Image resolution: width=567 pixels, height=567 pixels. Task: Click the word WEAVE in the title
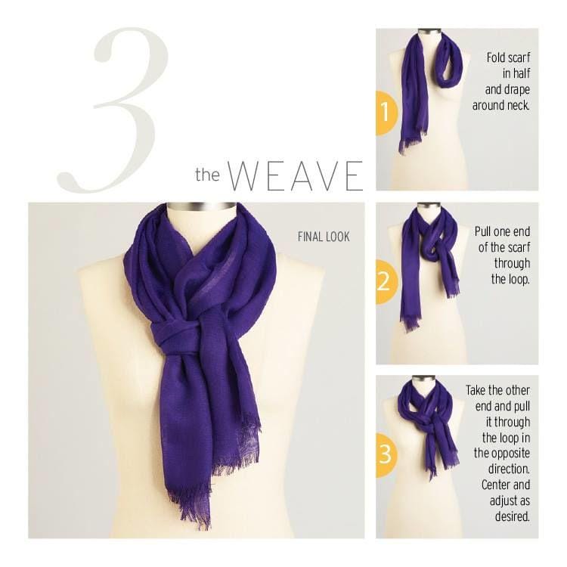click(x=295, y=176)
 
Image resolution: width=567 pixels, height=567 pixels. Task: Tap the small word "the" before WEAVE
click(x=208, y=175)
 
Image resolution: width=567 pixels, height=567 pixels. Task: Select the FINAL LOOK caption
click(x=324, y=237)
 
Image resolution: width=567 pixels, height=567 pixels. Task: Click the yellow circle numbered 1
click(x=386, y=113)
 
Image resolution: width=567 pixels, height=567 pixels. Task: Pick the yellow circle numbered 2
click(x=386, y=282)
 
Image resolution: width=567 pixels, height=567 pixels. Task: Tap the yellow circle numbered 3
click(x=386, y=455)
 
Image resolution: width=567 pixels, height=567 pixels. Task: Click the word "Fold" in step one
click(x=496, y=57)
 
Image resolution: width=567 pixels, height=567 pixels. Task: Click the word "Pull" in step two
click(x=484, y=231)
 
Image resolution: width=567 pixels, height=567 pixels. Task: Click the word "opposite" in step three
click(x=502, y=454)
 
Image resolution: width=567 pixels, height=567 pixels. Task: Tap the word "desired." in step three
click(x=512, y=517)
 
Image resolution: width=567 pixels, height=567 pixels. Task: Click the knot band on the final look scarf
click(x=175, y=336)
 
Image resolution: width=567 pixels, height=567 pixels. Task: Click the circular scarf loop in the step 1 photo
click(x=451, y=61)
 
